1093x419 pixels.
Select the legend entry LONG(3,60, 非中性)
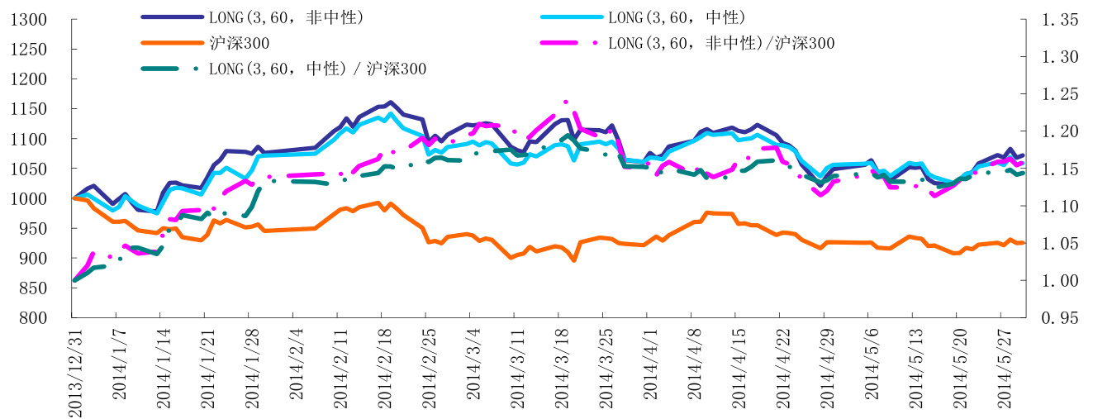(286, 17)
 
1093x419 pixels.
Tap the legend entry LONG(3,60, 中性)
(677, 17)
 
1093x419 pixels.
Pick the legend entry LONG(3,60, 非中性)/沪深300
(721, 43)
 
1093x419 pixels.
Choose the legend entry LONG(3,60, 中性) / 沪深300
(318, 69)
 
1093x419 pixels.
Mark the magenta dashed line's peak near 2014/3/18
(566, 102)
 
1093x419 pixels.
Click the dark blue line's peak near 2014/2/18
(390, 102)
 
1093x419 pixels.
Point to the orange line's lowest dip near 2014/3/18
(573, 260)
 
